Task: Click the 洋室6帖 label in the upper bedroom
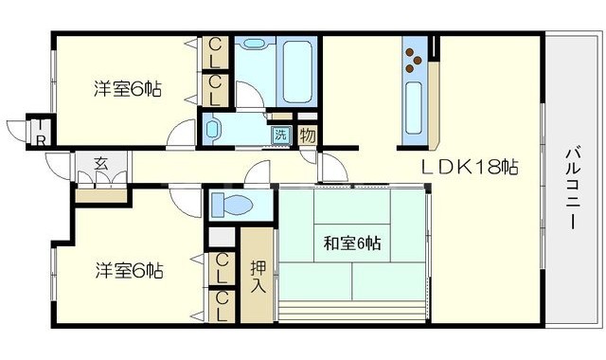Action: (x=127, y=89)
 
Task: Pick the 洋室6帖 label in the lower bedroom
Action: (x=128, y=270)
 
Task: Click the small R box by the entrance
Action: (x=41, y=139)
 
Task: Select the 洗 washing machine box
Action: (x=281, y=134)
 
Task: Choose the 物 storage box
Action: (x=308, y=134)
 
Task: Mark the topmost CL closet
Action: (x=216, y=50)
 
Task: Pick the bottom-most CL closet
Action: (x=222, y=305)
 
